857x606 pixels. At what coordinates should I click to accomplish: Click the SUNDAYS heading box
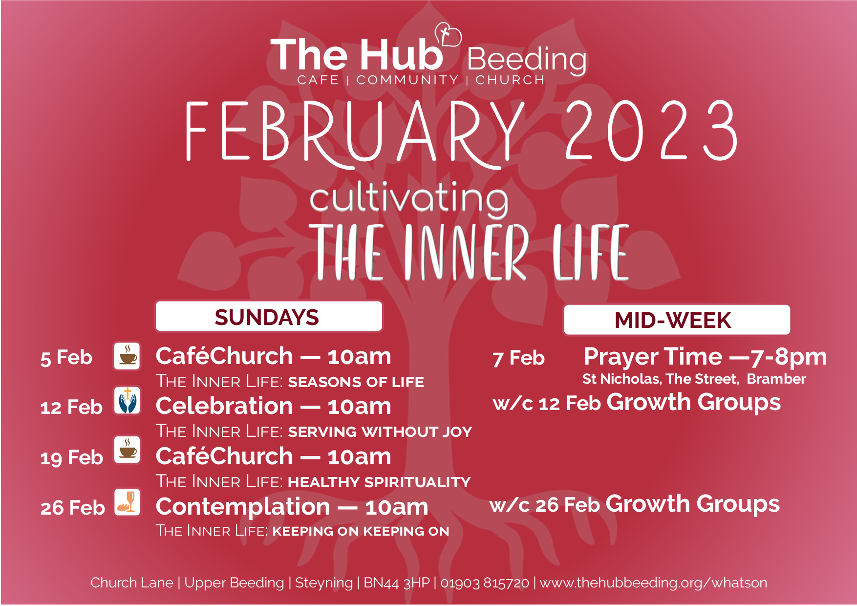(x=269, y=317)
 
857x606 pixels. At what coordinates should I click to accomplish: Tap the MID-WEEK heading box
(x=677, y=320)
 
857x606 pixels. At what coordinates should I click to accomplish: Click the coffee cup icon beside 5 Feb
(x=128, y=355)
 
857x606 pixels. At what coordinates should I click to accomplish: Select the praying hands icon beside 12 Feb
(x=128, y=401)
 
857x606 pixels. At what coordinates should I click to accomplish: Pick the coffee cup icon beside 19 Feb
(x=128, y=449)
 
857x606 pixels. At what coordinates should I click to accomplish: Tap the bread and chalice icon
(x=128, y=502)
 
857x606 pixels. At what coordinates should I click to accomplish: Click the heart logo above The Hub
(x=448, y=35)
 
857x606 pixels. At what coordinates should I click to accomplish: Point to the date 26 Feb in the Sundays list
(x=72, y=508)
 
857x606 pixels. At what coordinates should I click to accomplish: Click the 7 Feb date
(x=518, y=358)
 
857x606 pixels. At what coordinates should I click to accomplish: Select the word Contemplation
(x=243, y=507)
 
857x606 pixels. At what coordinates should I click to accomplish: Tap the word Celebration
(x=224, y=406)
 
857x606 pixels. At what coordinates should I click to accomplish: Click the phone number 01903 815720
(x=485, y=583)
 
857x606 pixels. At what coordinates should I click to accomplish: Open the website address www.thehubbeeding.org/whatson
(x=653, y=583)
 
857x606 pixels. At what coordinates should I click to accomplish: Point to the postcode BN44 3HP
(x=397, y=583)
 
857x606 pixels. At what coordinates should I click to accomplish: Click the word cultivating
(x=409, y=199)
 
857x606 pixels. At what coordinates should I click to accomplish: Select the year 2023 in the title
(x=651, y=130)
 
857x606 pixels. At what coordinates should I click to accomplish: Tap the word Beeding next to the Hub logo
(x=527, y=60)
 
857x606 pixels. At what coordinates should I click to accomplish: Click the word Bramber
(x=776, y=379)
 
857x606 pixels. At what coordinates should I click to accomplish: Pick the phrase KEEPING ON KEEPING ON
(x=361, y=531)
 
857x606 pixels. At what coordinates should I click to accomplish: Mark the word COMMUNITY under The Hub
(x=407, y=80)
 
